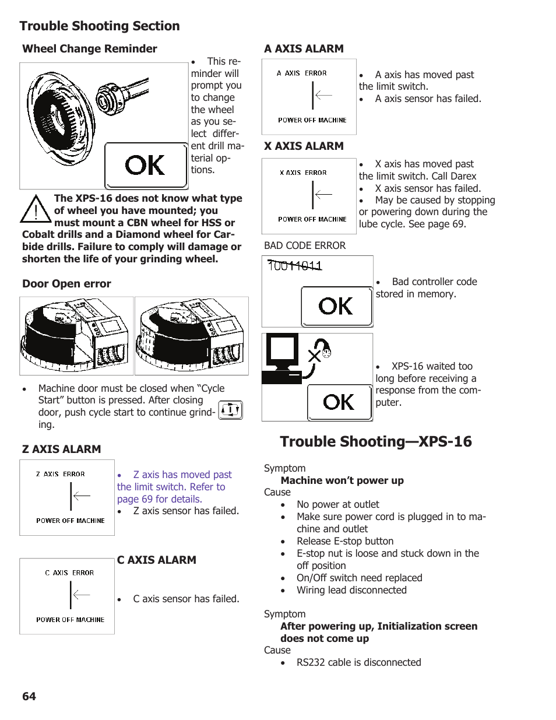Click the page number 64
pos(29,696)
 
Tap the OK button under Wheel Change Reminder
pos(146,166)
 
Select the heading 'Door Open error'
pos(66,284)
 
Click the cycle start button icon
pos(231,410)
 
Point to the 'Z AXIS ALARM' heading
pos(61,449)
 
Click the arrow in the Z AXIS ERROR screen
pos(81,496)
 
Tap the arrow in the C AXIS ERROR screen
pos(81,595)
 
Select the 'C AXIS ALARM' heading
pos(156,560)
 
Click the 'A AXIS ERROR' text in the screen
pos(302,73)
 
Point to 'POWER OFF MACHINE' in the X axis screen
pos(312,219)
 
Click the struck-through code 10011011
pos(294,266)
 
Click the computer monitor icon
pos(283,353)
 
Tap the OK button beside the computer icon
pos(339,402)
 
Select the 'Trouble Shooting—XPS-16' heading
pos(376,441)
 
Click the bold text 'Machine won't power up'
pos(342,480)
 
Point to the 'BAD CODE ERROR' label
pos(305,245)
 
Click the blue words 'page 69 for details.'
pos(160,499)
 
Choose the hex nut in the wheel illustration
pos(108,98)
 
